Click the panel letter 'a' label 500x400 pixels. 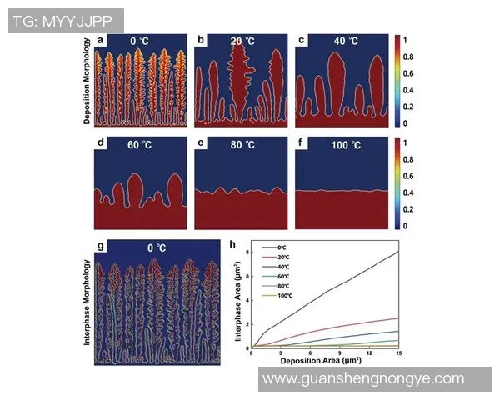(x=100, y=40)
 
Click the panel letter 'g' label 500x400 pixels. (x=100, y=247)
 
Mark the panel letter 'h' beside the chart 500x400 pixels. (x=232, y=245)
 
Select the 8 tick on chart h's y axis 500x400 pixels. (x=247, y=251)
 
